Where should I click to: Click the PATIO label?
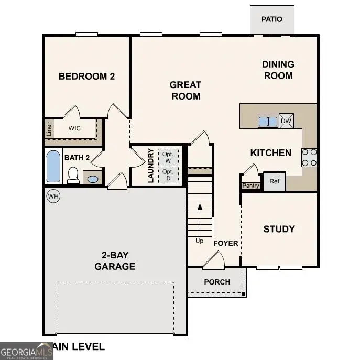pyautogui.click(x=272, y=19)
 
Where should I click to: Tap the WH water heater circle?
pyautogui.click(x=53, y=197)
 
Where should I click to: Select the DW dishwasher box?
pyautogui.click(x=286, y=121)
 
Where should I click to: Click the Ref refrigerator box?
pyautogui.click(x=274, y=181)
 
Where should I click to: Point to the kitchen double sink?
pyautogui.click(x=268, y=121)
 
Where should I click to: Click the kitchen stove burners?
pyautogui.click(x=309, y=157)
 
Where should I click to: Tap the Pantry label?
pyautogui.click(x=250, y=186)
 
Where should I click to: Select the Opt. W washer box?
pyautogui.click(x=168, y=157)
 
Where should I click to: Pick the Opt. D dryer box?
pyautogui.click(x=168, y=174)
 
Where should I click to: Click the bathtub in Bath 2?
pyautogui.click(x=53, y=166)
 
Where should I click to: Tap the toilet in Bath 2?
pyautogui.click(x=73, y=175)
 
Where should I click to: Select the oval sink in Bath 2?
pyautogui.click(x=92, y=179)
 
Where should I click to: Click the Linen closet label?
pyautogui.click(x=49, y=128)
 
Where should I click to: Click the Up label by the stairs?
pyautogui.click(x=199, y=241)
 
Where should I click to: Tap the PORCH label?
pyautogui.click(x=217, y=282)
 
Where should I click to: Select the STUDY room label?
pyautogui.click(x=279, y=229)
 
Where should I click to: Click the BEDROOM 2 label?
pyautogui.click(x=86, y=77)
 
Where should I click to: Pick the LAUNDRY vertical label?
pyautogui.click(x=151, y=166)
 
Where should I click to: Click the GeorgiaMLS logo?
pyautogui.click(x=26, y=351)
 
